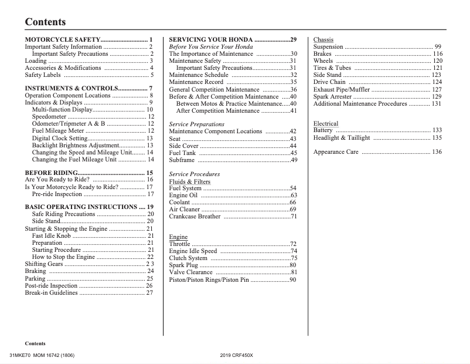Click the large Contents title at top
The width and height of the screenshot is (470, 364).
point(45,22)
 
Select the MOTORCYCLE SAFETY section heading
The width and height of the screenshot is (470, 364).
point(63,39)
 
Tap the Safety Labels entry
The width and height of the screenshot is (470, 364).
point(42,75)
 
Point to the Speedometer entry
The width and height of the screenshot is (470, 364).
point(49,117)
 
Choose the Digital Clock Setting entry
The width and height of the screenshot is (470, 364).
point(59,138)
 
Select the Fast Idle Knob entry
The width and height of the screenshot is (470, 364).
point(52,236)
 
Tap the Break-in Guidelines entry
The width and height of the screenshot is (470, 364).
point(51,292)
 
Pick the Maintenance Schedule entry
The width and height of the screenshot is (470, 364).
point(199,75)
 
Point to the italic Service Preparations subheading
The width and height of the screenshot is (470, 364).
point(196,124)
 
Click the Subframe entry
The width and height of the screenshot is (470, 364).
point(182,160)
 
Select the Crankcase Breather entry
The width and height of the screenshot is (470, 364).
point(195,217)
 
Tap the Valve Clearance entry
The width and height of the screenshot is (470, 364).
point(191,272)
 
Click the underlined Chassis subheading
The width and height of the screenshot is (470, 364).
point(323,40)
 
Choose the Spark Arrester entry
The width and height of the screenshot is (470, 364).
point(333,96)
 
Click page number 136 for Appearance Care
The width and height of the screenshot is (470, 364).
point(437,152)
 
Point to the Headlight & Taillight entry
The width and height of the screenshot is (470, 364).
point(342,138)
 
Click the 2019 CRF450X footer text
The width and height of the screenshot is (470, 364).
point(237,356)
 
